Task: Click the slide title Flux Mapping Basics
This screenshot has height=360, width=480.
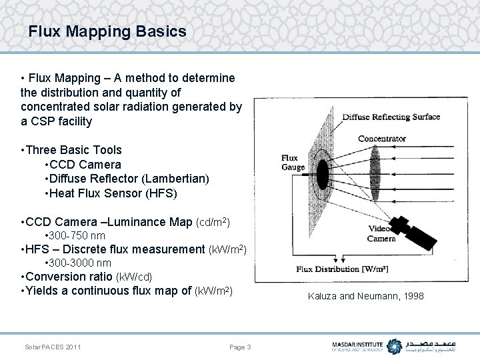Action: pyautogui.click(x=107, y=31)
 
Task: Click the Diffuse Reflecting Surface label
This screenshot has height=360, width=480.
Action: pyautogui.click(x=391, y=117)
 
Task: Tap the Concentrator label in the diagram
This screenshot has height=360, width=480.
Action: pyautogui.click(x=382, y=139)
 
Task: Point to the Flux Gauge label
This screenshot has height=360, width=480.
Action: pyautogui.click(x=293, y=163)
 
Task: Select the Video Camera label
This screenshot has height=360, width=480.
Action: pyautogui.click(x=381, y=233)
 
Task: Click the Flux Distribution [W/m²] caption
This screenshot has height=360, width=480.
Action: pyautogui.click(x=343, y=269)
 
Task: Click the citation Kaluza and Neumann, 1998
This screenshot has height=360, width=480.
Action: pyautogui.click(x=365, y=296)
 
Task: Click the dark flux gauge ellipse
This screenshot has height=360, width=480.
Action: pyautogui.click(x=323, y=175)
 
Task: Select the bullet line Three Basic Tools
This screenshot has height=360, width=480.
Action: pyautogui.click(x=71, y=150)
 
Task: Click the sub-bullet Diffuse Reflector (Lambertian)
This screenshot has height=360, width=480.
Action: pyautogui.click(x=127, y=179)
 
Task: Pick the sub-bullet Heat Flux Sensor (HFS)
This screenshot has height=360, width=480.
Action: pyautogui.click(x=111, y=193)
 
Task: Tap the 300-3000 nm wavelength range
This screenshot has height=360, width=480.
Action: pyautogui.click(x=77, y=263)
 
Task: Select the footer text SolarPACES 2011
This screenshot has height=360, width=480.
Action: pyautogui.click(x=53, y=347)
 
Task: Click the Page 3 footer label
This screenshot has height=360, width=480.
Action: pyautogui.click(x=240, y=347)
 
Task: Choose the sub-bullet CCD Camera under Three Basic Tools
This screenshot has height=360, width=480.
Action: pyautogui.click(x=83, y=165)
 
